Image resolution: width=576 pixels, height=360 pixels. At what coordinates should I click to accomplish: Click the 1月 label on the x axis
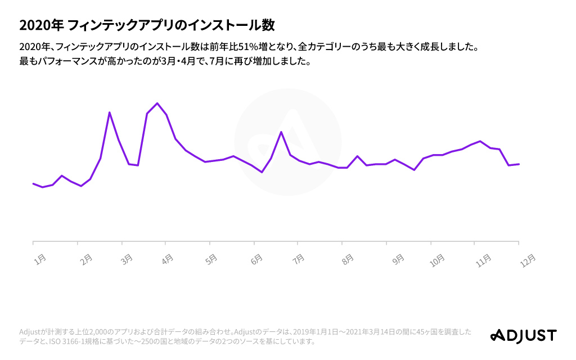[x=40, y=259]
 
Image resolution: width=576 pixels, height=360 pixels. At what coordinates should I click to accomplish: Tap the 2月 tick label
[x=86, y=259]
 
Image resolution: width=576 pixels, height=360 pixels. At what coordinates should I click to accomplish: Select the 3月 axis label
[x=128, y=259]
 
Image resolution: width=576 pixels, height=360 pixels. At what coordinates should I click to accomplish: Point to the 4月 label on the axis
[x=167, y=259]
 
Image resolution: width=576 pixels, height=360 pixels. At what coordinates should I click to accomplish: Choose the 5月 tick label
[x=211, y=259]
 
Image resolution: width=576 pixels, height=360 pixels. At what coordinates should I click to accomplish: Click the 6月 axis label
[x=256, y=259]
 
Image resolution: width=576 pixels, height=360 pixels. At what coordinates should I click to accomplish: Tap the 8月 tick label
[x=348, y=259]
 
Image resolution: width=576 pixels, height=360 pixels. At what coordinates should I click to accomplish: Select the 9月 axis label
[x=398, y=259]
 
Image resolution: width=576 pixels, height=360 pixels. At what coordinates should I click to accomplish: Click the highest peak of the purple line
[x=157, y=103]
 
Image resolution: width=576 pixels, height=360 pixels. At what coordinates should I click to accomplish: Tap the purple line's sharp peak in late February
[x=109, y=112]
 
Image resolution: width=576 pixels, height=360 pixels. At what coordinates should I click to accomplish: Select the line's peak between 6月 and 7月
[x=281, y=132]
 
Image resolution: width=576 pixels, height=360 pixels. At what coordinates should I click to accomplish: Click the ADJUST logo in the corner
[x=523, y=336]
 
